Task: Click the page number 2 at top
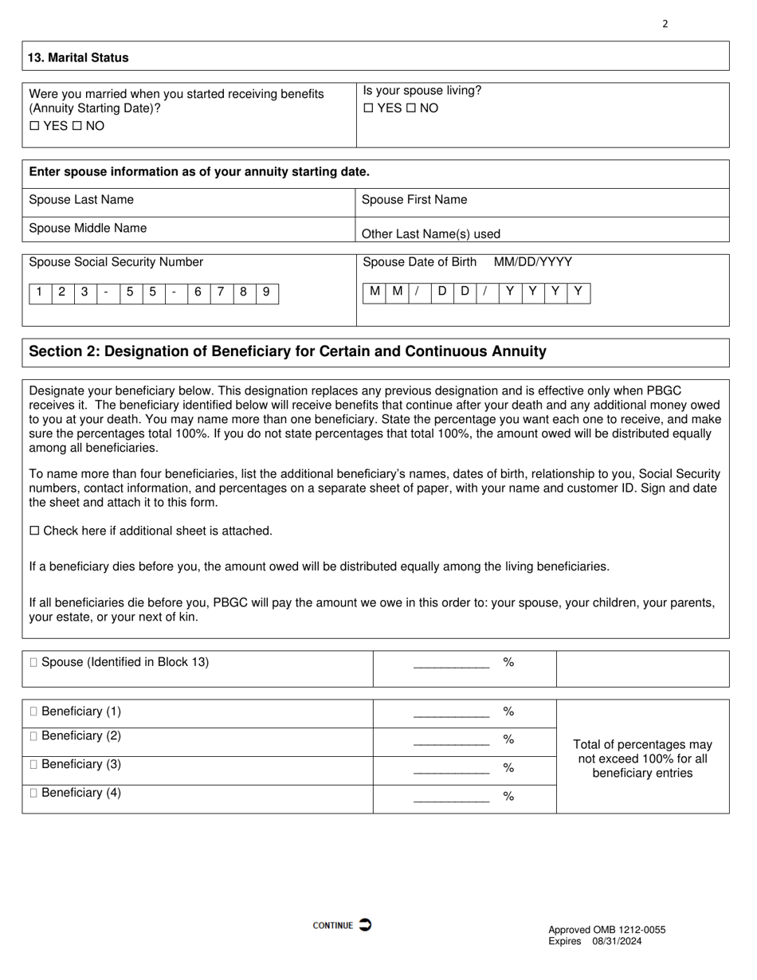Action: [665, 24]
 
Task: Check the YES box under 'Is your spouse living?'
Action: [368, 108]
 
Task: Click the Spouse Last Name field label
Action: [81, 199]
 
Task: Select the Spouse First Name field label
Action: [414, 199]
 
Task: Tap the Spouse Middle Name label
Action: [88, 228]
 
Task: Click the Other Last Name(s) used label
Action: [431, 233]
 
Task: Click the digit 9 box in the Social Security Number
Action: [266, 292]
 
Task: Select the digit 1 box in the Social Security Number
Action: [39, 292]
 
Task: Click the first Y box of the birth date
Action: [510, 292]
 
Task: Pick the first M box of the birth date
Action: [375, 292]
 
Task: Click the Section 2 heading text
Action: [288, 351]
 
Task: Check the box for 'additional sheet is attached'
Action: [34, 531]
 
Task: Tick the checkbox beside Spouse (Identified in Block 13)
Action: [33, 662]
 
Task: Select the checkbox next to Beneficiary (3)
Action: [33, 765]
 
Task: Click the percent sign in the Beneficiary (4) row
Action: [508, 796]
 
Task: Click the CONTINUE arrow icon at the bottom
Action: [365, 924]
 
